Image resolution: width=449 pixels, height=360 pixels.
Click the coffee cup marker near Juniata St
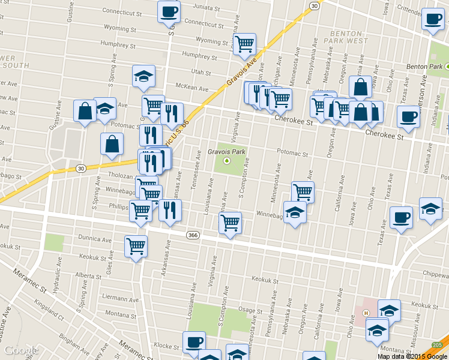[x=169, y=11]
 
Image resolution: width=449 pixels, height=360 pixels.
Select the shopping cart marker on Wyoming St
[x=244, y=44]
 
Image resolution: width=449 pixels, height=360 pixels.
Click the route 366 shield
[x=192, y=234]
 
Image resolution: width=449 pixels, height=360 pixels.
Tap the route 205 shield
[x=438, y=344]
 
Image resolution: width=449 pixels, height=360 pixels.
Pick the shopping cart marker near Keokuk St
[x=136, y=246]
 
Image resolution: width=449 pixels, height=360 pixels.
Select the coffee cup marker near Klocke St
[x=193, y=342]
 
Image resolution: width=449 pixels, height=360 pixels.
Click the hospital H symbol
[x=365, y=313]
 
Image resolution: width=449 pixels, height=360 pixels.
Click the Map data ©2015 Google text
[x=412, y=356]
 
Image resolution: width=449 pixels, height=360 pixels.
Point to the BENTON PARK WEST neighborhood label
[x=349, y=35]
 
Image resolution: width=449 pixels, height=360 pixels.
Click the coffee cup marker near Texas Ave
[x=401, y=218]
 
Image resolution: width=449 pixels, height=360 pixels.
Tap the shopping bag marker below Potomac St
[x=112, y=144]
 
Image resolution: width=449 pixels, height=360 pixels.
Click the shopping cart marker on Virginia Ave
[x=231, y=223]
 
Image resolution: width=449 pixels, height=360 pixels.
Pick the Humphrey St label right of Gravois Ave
[x=199, y=57]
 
